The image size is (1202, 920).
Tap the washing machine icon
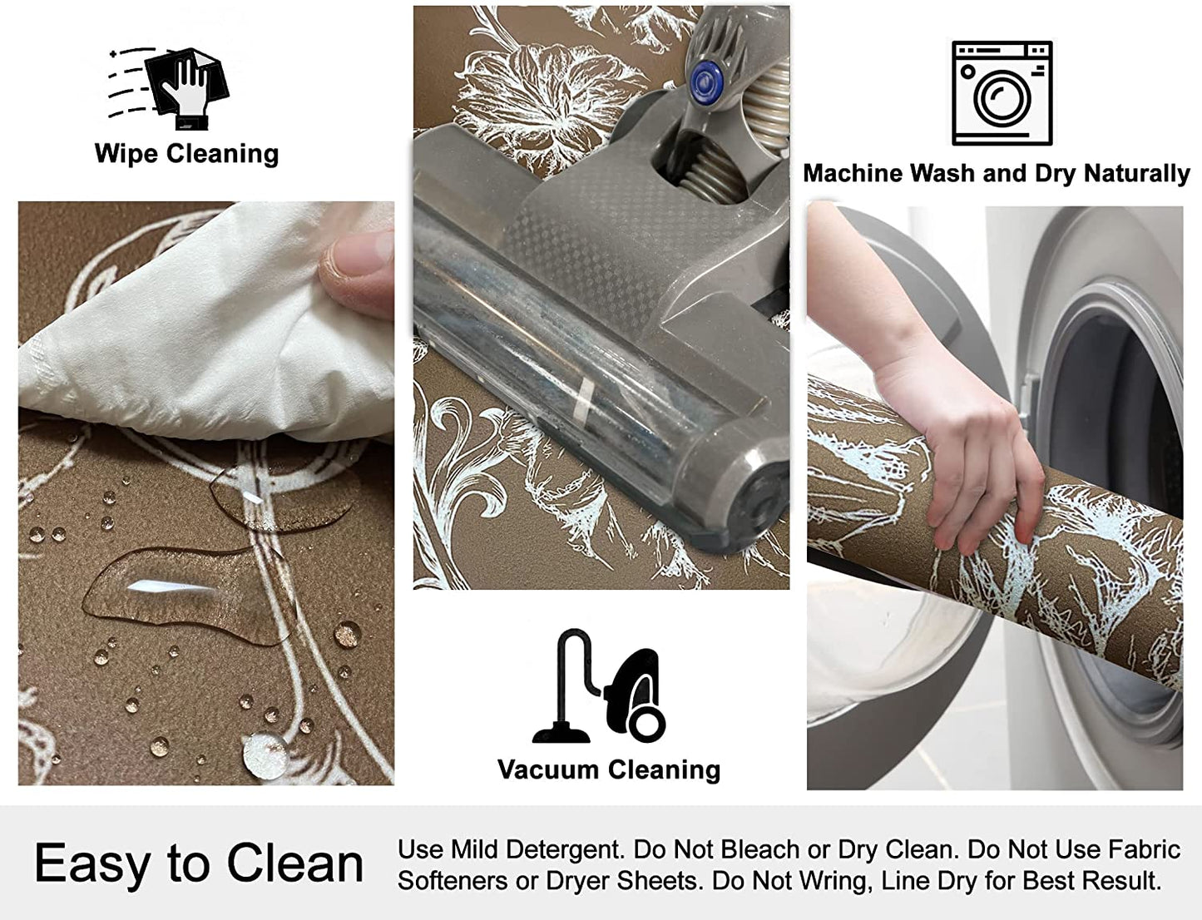click(x=1002, y=93)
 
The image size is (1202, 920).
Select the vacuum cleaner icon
click(x=600, y=685)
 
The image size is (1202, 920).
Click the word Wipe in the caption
click(x=126, y=153)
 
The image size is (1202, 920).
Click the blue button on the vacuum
click(x=706, y=81)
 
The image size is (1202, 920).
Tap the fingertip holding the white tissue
click(x=356, y=272)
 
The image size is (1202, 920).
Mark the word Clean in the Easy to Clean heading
click(x=295, y=864)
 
